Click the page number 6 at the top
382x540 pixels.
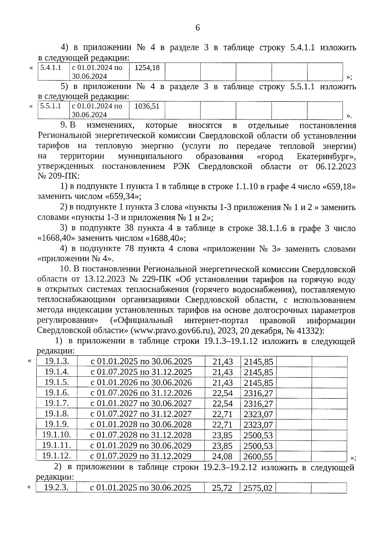coord(197,28)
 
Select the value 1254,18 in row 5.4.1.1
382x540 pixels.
coord(147,67)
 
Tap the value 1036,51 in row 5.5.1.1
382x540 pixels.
coord(147,106)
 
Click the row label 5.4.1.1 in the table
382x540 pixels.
coord(51,67)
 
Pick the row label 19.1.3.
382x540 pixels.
coord(57,361)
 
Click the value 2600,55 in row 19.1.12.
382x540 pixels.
coord(258,456)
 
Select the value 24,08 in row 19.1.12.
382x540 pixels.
coord(223,456)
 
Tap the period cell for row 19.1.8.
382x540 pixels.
coord(141,414)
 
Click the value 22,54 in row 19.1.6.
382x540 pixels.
coord(223,393)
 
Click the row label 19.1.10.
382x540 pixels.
coord(57,435)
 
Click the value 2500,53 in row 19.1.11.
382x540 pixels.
coord(258,446)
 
